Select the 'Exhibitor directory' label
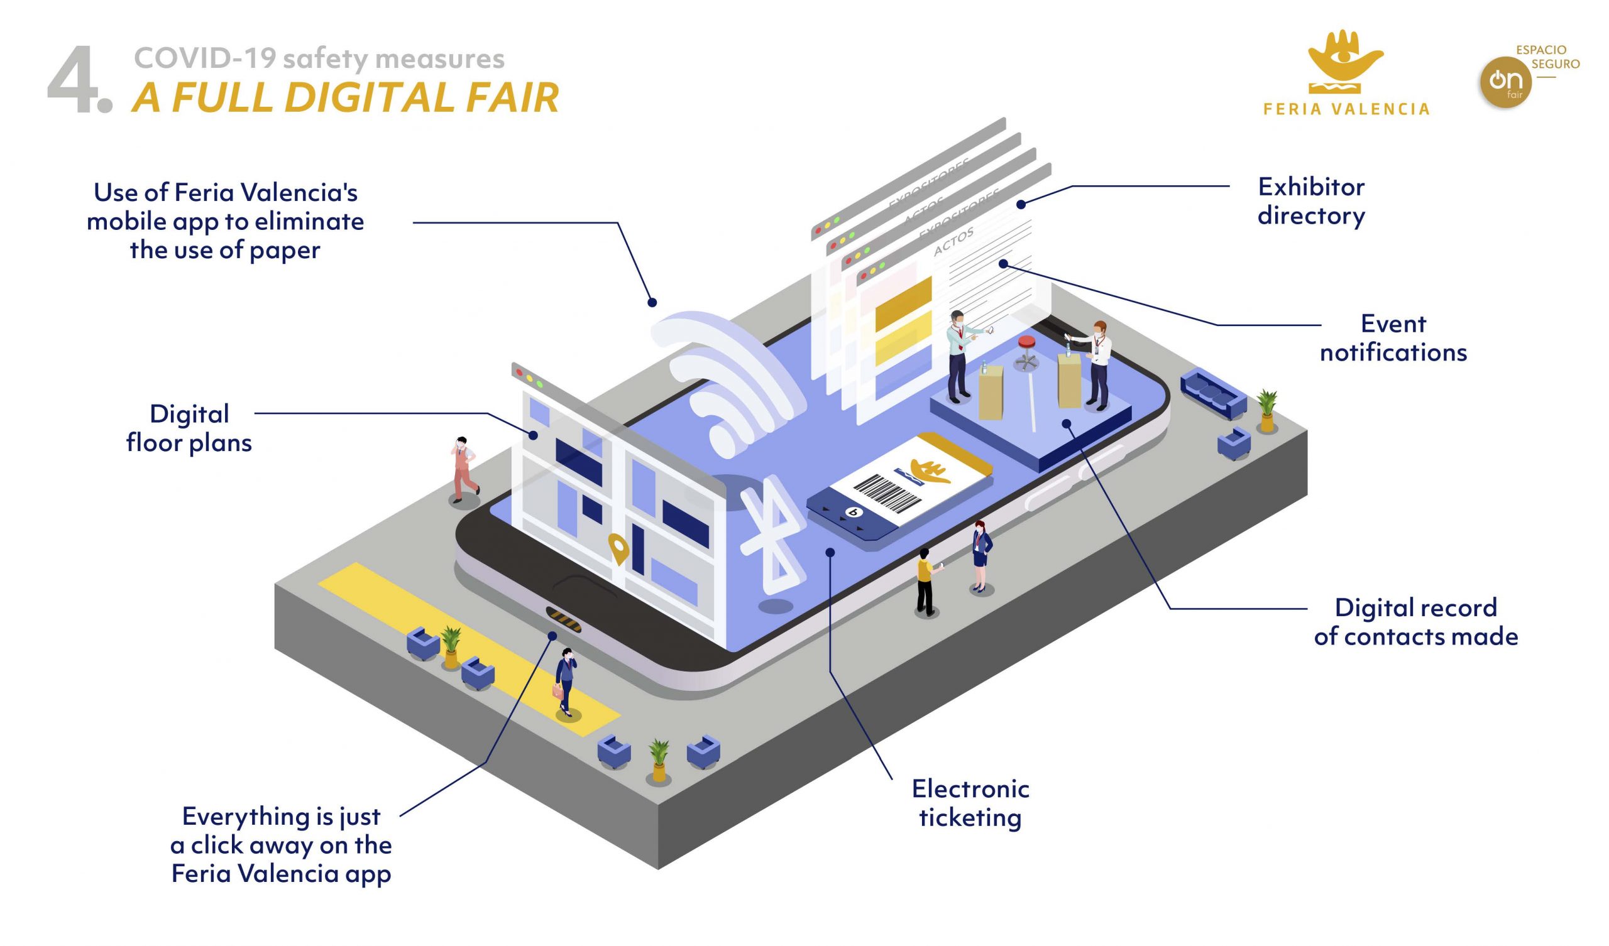point(1311,201)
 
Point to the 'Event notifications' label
point(1393,338)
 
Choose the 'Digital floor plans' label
point(189,428)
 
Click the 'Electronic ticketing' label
point(970,803)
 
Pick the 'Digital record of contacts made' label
point(1415,622)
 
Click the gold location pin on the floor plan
point(617,548)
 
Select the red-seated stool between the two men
point(1026,351)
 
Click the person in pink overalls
point(464,469)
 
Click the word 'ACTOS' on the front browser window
point(953,241)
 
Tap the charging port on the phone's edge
point(563,619)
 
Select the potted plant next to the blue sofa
point(1266,410)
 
